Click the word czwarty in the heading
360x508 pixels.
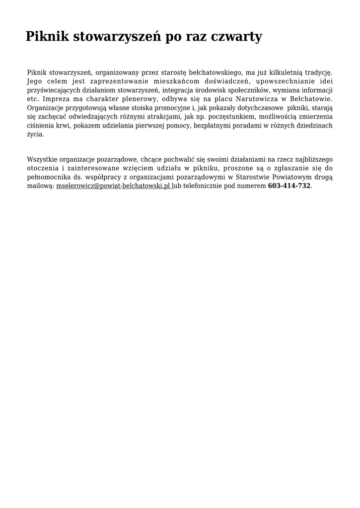click(x=236, y=37)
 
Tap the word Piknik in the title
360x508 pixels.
click(x=47, y=37)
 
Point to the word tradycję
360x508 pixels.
click(x=316, y=72)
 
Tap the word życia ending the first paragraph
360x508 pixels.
click(x=35, y=134)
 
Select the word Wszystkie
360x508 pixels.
click(x=42, y=159)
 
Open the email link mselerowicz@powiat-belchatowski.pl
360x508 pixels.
click(x=114, y=186)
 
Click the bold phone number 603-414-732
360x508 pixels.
click(x=289, y=186)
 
